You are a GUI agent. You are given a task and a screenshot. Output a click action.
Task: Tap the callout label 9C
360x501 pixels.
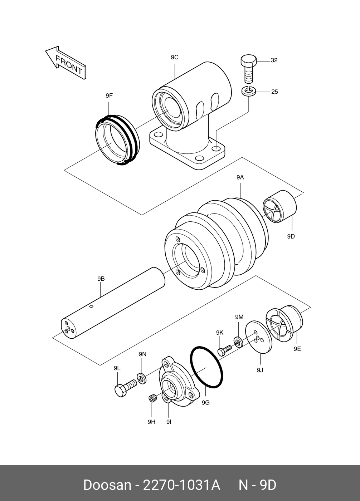(x=175, y=58)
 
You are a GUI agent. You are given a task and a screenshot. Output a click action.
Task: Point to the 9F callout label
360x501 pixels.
(x=109, y=96)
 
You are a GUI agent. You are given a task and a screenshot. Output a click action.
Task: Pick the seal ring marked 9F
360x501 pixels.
(x=117, y=140)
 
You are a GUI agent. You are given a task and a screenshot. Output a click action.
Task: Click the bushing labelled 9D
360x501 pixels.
(x=279, y=207)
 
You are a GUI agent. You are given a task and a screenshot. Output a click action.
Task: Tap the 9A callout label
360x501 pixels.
(x=240, y=177)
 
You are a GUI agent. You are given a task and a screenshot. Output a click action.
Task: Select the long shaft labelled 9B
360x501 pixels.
(x=113, y=303)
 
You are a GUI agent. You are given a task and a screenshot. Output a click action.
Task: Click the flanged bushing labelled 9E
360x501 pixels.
(x=284, y=324)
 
